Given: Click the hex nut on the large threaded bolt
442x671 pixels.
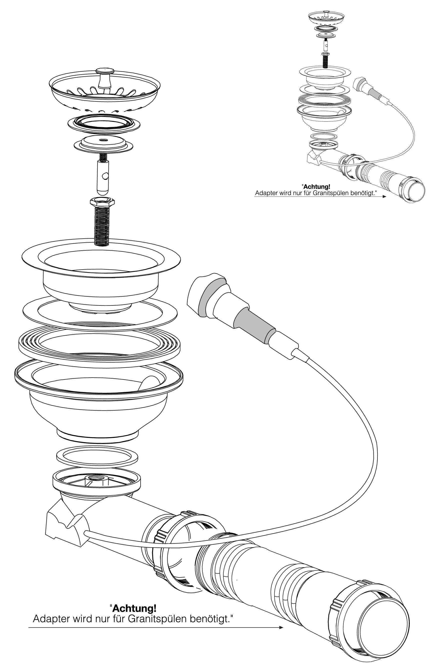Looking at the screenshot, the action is [102, 202].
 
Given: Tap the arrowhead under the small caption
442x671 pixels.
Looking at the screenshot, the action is [384, 197].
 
